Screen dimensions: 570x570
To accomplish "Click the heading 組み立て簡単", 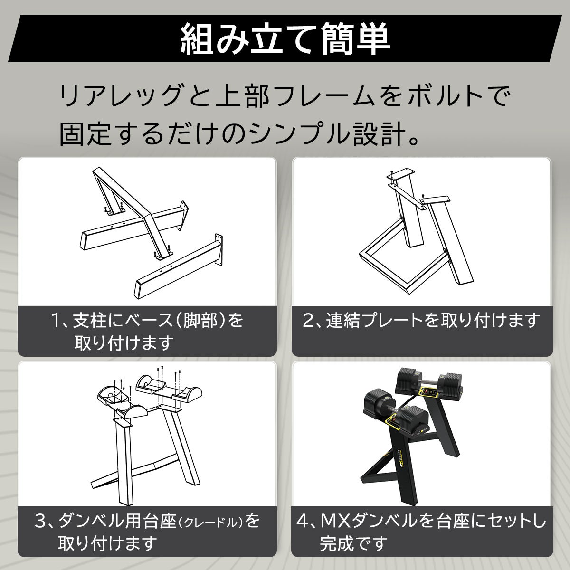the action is pos(285,38).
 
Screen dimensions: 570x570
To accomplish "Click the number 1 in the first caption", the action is pos(57,321).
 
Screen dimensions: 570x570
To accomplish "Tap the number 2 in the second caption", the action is pos(309,321).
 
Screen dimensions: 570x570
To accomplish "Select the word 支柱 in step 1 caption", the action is pos(90,321).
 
